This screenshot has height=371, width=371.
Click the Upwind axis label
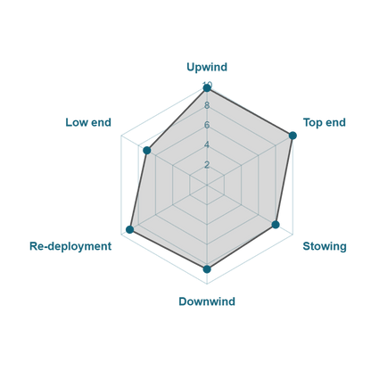pos(207,67)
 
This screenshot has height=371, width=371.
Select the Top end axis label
pos(325,122)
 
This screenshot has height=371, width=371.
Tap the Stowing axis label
pos(325,246)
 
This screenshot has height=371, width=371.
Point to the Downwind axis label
pos(207,301)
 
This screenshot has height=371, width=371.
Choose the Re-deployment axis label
pos(70,246)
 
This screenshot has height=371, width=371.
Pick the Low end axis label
pos(88,122)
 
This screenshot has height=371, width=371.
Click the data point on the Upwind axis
pos(207,88)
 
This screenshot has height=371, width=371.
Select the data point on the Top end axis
pos(293,136)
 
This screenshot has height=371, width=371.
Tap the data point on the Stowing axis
pos(276,225)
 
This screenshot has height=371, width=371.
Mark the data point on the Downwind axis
pos(207,269)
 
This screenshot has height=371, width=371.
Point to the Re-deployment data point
pos(130,229)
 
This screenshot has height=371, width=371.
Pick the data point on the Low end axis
pos(147,151)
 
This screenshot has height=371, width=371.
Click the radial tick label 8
pos(207,105)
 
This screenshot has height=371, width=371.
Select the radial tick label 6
pos(207,125)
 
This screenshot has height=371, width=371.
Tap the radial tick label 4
pos(207,145)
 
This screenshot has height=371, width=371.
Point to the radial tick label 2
pos(207,165)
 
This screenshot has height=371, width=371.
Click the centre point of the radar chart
pos(207,185)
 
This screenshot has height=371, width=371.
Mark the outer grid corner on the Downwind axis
pos(207,284)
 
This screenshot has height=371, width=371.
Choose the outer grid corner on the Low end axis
pos(121,136)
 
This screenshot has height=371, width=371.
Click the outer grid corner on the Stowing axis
pos(293,235)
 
